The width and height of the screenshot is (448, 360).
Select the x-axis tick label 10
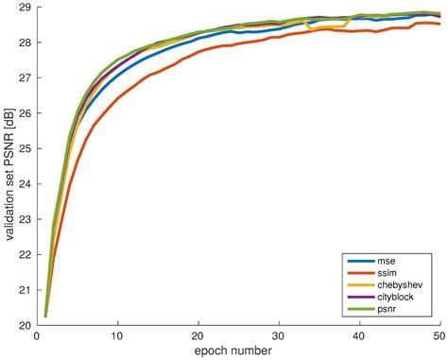117,335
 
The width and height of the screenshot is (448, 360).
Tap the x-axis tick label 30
279,335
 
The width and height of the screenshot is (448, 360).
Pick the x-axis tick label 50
439,335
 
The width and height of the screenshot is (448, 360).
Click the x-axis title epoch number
238,351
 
